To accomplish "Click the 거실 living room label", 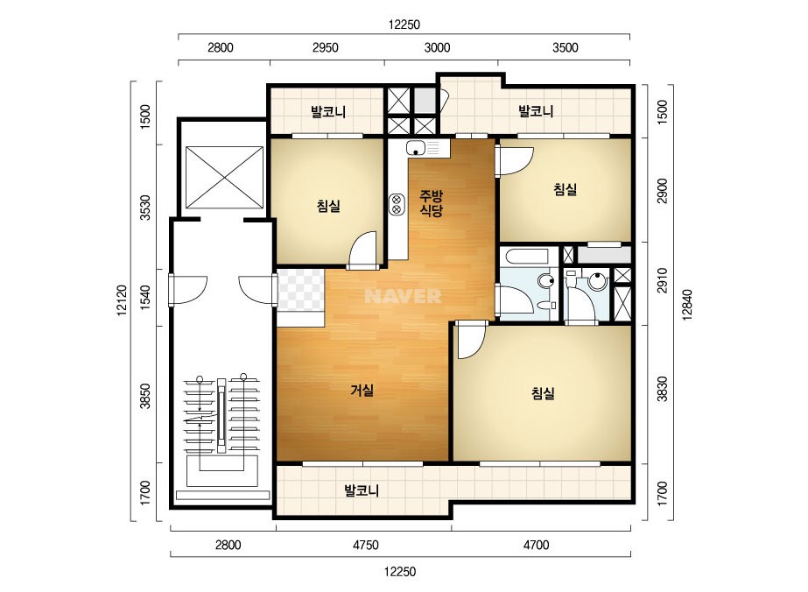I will pyautogui.click(x=362, y=391).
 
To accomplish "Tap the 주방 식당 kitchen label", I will pyautogui.click(x=431, y=202).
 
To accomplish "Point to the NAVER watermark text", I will pyautogui.click(x=403, y=295).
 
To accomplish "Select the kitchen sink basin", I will pyautogui.click(x=425, y=148).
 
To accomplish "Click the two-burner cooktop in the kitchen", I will pyautogui.click(x=396, y=205).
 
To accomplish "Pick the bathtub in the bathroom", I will pyautogui.click(x=529, y=257).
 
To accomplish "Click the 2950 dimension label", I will pyautogui.click(x=326, y=48).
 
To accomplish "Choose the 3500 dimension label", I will pyautogui.click(x=566, y=48).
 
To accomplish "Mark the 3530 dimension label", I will pyautogui.click(x=146, y=208).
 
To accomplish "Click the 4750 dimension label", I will pyautogui.click(x=365, y=545).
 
